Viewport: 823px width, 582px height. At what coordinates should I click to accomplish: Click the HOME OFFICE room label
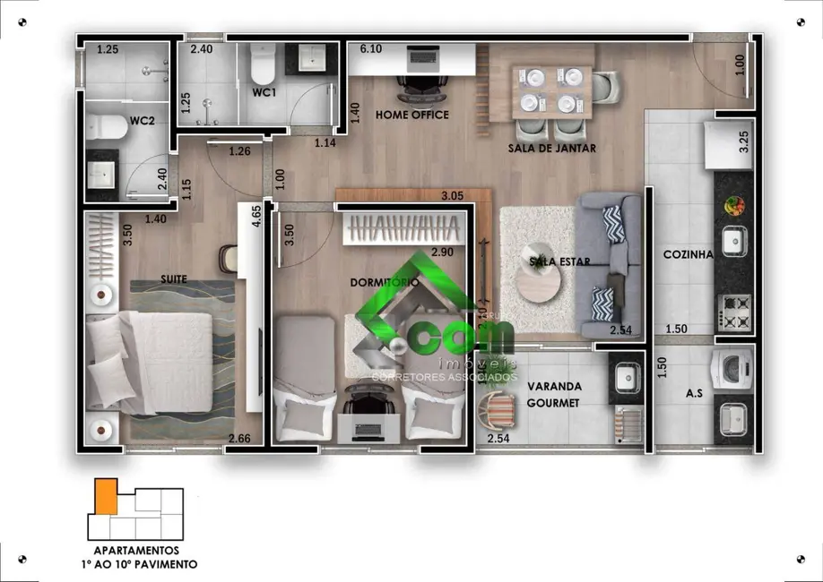(x=411, y=115)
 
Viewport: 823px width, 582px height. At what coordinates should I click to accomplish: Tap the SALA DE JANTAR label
(x=552, y=149)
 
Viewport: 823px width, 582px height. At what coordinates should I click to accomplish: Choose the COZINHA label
(x=688, y=254)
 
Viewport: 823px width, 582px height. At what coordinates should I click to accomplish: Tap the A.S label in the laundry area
(x=694, y=392)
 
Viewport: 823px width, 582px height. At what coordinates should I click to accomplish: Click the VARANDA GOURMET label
(x=553, y=395)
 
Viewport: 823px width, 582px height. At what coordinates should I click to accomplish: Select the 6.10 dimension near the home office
(x=370, y=49)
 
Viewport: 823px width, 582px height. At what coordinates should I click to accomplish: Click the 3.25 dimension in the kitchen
(x=742, y=143)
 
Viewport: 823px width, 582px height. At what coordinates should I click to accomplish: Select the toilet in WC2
(x=105, y=128)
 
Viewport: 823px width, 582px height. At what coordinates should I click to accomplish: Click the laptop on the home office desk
(x=420, y=59)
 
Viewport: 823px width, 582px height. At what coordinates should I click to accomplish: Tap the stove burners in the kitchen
(x=734, y=312)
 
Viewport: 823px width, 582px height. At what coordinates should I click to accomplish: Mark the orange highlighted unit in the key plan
(x=107, y=495)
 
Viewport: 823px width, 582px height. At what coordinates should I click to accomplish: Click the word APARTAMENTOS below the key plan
(x=137, y=551)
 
